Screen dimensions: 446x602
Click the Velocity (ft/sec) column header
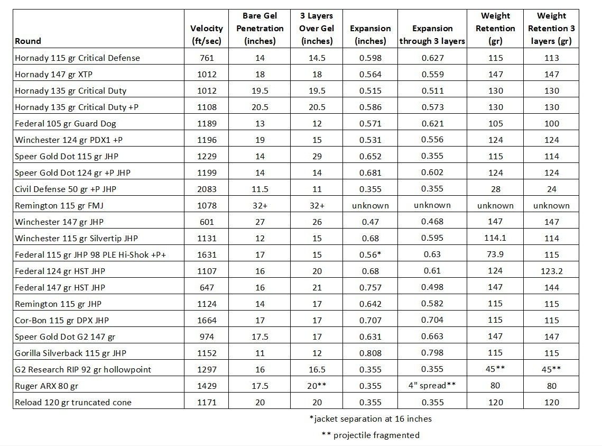pyautogui.click(x=206, y=34)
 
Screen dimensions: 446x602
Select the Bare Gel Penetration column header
pyautogui.click(x=260, y=29)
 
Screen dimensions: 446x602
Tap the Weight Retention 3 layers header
pyautogui.click(x=551, y=29)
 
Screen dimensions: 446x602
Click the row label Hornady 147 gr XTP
pyautogui.click(x=64, y=74)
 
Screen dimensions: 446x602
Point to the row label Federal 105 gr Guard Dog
pyautogui.click(x=66, y=123)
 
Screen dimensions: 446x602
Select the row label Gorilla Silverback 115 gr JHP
pyautogui.click(x=70, y=353)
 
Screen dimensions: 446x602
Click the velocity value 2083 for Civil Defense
pyautogui.click(x=206, y=189)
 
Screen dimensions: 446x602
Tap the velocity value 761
pyautogui.click(x=206, y=58)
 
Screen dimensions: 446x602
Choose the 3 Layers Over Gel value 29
pyautogui.click(x=316, y=156)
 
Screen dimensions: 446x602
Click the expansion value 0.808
pyautogui.click(x=370, y=353)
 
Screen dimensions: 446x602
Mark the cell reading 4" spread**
pyautogui.click(x=432, y=386)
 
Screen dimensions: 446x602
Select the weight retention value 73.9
pyautogui.click(x=495, y=254)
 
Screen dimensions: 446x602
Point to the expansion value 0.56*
pyautogui.click(x=370, y=254)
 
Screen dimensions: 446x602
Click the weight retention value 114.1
pyautogui.click(x=495, y=238)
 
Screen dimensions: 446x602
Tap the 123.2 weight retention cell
pyautogui.click(x=551, y=271)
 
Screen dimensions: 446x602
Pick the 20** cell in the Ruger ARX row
pyautogui.click(x=316, y=386)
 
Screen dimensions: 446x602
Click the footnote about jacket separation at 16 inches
pyautogui.click(x=371, y=418)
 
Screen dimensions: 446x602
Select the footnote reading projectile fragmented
pyautogui.click(x=371, y=435)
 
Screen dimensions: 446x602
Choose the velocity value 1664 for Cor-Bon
pyautogui.click(x=206, y=320)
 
